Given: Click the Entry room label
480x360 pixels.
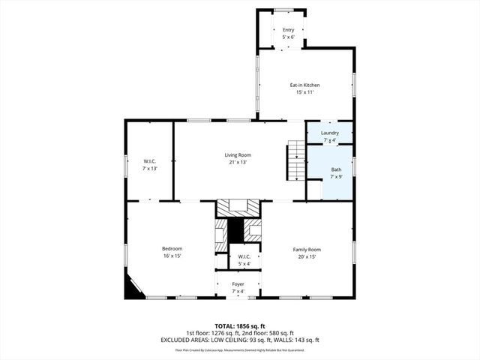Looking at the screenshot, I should click(x=288, y=29).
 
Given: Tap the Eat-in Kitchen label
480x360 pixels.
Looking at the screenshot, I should click(x=304, y=85).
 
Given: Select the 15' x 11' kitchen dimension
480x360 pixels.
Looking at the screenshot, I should click(x=304, y=92).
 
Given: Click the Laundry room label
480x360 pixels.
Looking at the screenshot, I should click(x=330, y=133).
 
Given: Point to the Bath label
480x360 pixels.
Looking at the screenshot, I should click(x=336, y=169).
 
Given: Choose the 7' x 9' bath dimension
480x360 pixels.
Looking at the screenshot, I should click(x=336, y=178).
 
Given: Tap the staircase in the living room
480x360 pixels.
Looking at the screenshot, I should click(x=295, y=160).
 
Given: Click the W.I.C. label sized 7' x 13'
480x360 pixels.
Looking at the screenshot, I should click(x=149, y=160).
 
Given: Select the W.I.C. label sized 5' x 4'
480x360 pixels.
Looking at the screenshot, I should click(x=244, y=256).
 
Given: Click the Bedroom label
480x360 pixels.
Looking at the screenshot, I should click(x=172, y=248).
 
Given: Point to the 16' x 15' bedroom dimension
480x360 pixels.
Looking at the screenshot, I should click(x=172, y=256).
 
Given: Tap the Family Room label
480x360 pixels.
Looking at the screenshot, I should click(x=306, y=249).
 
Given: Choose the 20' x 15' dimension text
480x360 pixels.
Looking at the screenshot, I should click(x=306, y=256).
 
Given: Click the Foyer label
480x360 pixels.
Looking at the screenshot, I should click(x=238, y=284).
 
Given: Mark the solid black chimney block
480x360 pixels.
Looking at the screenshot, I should click(x=237, y=229).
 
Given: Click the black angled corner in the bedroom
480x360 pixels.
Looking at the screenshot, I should click(x=133, y=289).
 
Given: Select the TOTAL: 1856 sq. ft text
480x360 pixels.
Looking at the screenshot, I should click(x=240, y=326).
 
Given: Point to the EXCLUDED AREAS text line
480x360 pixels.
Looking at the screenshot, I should click(x=240, y=340).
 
